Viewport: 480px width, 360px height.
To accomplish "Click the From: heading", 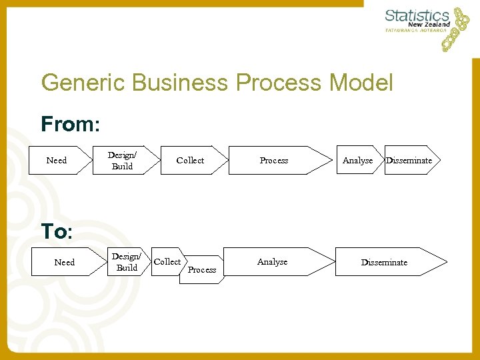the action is (x=70, y=124).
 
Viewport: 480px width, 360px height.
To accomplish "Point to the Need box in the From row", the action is (x=57, y=161).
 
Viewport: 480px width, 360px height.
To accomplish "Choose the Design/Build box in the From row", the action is (x=122, y=161).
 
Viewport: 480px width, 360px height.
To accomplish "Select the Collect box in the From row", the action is (x=191, y=161).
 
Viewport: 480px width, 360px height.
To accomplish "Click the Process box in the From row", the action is (x=274, y=161).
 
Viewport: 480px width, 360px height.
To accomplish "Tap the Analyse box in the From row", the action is (x=357, y=161).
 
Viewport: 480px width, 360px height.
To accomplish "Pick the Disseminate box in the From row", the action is (x=409, y=161).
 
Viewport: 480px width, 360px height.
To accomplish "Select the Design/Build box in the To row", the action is (x=127, y=262).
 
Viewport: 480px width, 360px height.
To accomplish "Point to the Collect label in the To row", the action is (x=167, y=261).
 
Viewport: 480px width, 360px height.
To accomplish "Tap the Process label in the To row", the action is (x=202, y=269).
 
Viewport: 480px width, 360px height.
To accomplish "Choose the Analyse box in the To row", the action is (x=273, y=262).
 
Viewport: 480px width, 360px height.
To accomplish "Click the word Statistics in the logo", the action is (x=417, y=15).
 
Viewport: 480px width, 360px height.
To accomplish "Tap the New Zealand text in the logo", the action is (x=431, y=24).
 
